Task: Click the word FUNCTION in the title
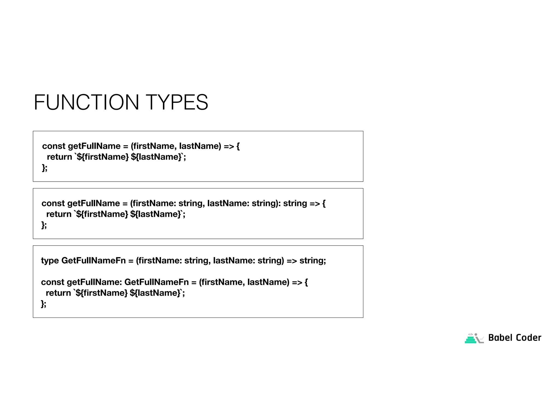pos(86,103)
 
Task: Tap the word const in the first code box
pos(54,146)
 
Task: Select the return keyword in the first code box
pos(59,157)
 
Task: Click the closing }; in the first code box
pos(45,168)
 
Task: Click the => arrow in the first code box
pos(229,146)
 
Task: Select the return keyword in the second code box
pos(59,214)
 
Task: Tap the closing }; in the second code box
pos(44,225)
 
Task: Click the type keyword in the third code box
pos(50,261)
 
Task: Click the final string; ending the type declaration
pos(313,261)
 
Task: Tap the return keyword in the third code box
pos(58,293)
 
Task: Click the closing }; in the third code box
pos(43,304)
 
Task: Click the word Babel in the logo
pos(500,338)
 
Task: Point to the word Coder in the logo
pos(529,338)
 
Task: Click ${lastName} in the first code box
pos(156,157)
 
